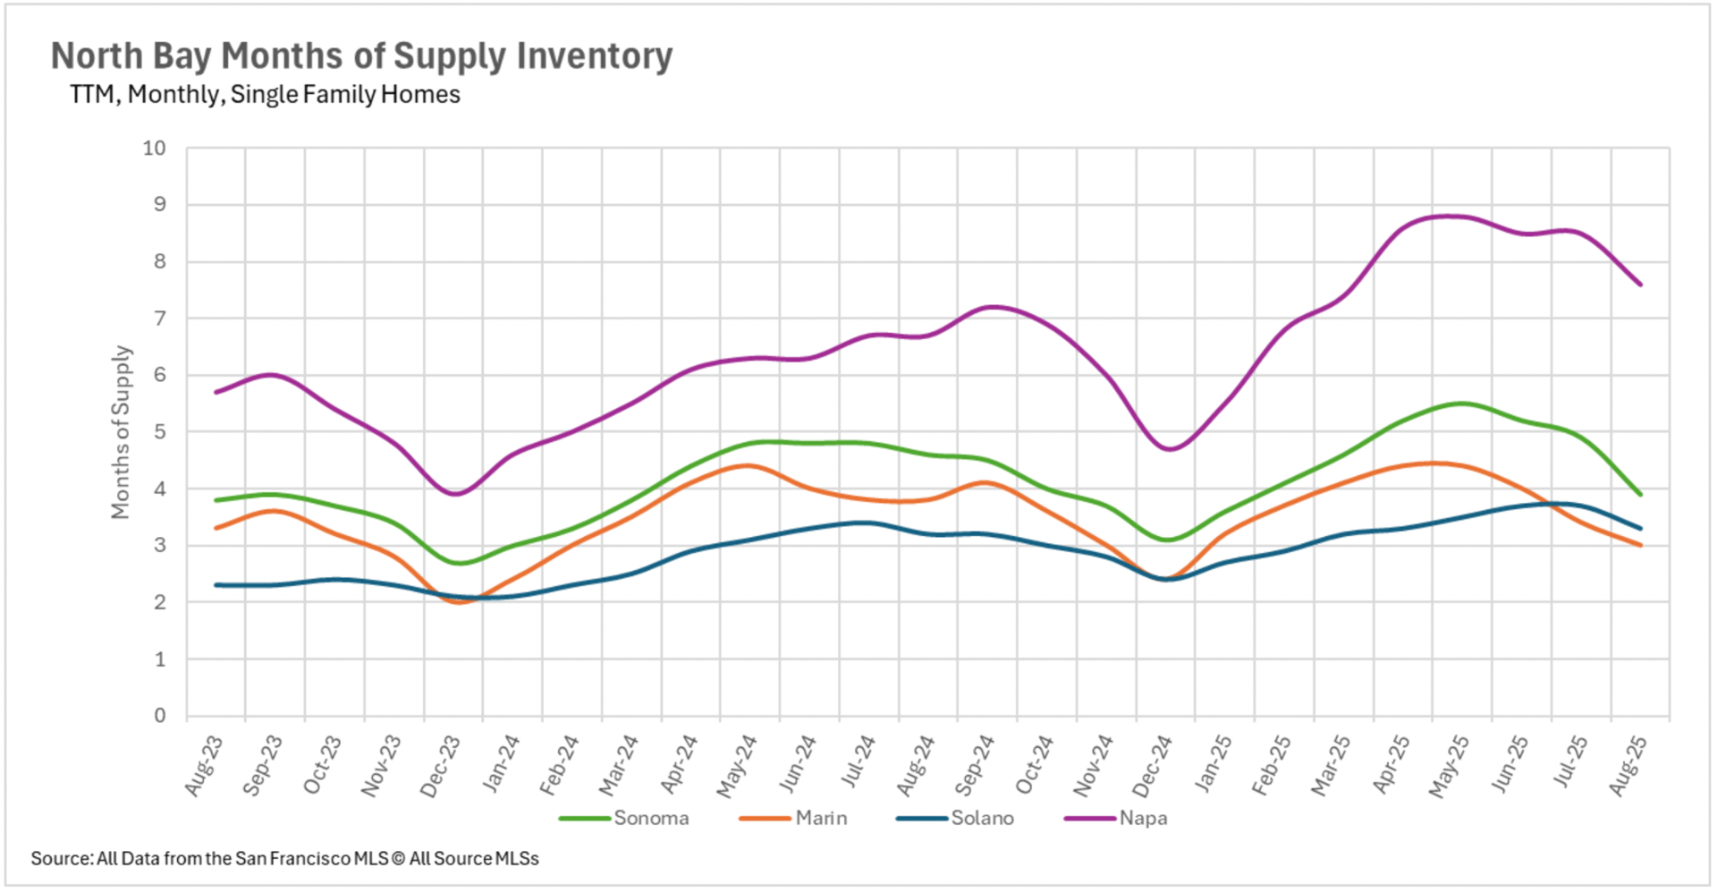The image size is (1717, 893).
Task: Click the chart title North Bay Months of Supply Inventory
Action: point(361,55)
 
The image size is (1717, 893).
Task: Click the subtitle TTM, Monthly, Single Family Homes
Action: point(265,95)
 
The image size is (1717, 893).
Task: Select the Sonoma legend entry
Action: point(650,818)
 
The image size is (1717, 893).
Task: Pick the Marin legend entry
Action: point(820,818)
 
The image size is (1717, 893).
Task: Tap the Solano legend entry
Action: point(981,818)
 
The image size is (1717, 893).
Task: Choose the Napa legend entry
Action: point(1142,818)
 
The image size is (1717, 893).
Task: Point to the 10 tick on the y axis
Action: point(155,149)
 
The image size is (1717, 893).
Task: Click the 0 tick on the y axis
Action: point(160,716)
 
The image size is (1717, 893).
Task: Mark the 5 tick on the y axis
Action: point(160,432)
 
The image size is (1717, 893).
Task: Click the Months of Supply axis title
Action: point(121,432)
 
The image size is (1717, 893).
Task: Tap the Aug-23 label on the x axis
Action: point(204,766)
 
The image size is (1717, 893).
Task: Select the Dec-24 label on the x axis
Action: point(1153,766)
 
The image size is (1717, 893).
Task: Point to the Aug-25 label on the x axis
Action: point(1628,766)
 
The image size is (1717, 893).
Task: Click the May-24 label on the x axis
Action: point(737,766)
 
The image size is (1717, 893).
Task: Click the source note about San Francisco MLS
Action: point(284,859)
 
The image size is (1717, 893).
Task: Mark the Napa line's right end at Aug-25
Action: point(1640,285)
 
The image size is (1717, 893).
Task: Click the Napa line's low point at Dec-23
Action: point(456,494)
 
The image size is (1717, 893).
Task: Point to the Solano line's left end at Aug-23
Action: point(216,585)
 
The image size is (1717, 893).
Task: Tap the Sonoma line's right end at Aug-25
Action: point(1640,494)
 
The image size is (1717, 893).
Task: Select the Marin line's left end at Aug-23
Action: point(216,528)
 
